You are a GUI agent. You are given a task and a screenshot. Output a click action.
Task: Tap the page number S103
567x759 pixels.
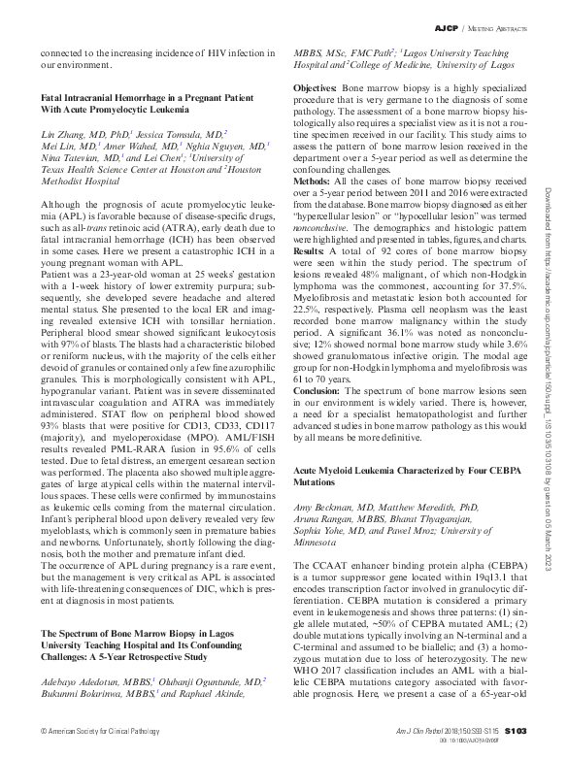(x=515, y=730)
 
